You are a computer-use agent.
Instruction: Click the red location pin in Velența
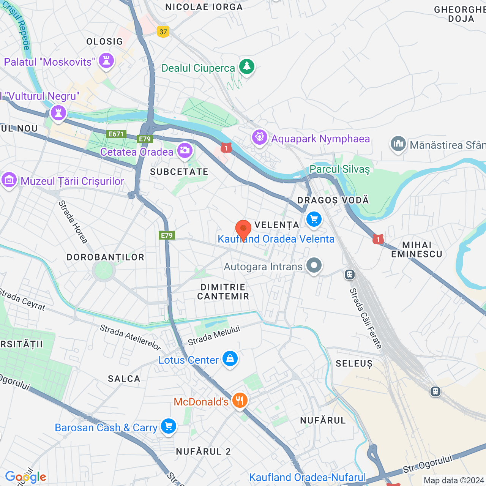coord(243,229)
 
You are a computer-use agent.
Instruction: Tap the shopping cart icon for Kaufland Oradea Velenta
coord(314,219)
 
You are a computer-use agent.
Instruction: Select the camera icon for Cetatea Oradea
coord(185,150)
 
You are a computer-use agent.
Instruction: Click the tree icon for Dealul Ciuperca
coord(247,66)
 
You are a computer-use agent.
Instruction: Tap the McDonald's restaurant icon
coord(240,400)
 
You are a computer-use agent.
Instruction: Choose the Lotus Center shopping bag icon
coord(230,358)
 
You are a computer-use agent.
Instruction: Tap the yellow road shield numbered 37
coord(163,32)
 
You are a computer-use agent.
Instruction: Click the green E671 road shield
coord(116,134)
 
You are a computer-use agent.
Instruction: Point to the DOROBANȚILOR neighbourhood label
coord(106,257)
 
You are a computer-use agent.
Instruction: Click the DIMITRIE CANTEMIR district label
coord(223,292)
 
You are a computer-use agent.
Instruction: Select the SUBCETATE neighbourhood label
coord(179,172)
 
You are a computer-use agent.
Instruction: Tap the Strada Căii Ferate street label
coord(365,318)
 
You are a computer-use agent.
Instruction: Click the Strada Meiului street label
coord(214,335)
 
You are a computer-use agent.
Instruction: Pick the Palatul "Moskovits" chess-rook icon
coord(106,60)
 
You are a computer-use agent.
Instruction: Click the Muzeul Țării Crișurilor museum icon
coord(9,180)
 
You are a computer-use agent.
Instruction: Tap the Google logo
coord(26,477)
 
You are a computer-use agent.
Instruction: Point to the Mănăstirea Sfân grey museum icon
coord(398,144)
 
